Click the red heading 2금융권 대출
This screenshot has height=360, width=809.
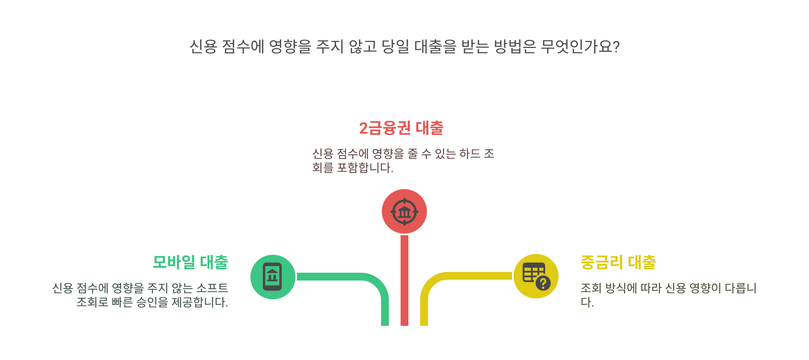click(x=401, y=128)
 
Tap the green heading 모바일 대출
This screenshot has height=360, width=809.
click(x=190, y=262)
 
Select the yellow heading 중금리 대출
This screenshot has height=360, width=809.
click(x=618, y=262)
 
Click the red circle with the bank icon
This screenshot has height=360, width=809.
click(x=404, y=212)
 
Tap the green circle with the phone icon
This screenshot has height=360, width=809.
click(x=273, y=277)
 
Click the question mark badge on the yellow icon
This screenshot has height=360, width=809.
click(x=543, y=283)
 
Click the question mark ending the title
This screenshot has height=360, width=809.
click(x=616, y=47)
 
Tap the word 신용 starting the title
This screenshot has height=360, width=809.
click(x=203, y=47)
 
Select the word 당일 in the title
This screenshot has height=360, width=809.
click(x=395, y=47)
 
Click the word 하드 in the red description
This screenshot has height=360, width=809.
click(x=470, y=154)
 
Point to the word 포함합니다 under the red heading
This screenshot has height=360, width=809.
click(x=365, y=168)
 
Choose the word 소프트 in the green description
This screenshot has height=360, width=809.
click(x=212, y=288)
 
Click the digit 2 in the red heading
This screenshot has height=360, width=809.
click(x=363, y=128)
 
